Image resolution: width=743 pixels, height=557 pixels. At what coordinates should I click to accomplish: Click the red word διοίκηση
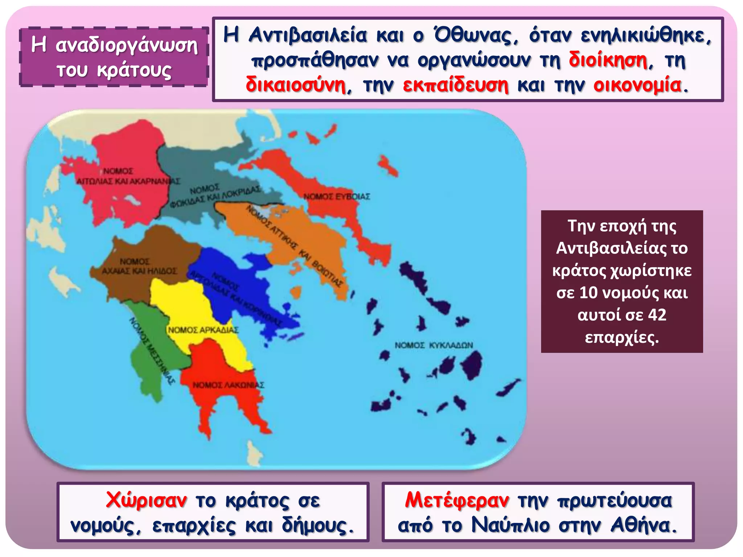click(x=608, y=60)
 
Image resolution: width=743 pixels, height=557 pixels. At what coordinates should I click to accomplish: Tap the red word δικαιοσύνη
click(x=296, y=86)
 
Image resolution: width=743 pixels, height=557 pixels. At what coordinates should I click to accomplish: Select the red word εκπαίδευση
click(x=456, y=86)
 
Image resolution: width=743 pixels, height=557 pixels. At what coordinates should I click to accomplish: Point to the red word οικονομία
click(x=637, y=86)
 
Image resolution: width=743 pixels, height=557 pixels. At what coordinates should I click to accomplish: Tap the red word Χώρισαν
click(x=147, y=500)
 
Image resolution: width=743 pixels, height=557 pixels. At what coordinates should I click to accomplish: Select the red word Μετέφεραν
click(x=457, y=500)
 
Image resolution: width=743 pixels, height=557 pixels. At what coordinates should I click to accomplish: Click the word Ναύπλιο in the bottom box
click(x=510, y=525)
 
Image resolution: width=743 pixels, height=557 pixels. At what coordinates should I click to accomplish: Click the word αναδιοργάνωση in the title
click(x=127, y=46)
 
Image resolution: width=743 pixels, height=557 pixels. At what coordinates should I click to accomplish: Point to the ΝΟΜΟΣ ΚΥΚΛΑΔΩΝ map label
click(x=434, y=345)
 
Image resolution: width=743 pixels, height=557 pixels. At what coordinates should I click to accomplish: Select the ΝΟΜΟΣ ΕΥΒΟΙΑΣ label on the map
click(x=337, y=197)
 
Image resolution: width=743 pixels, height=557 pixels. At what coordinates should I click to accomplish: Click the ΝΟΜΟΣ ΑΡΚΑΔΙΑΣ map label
click(x=203, y=330)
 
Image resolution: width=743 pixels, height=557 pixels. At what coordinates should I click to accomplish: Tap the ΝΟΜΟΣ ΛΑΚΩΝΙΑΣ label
click(x=228, y=385)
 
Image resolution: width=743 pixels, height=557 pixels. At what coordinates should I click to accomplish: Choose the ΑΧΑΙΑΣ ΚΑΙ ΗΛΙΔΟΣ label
click(x=139, y=271)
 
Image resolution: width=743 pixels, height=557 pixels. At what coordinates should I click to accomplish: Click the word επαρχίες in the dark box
click(x=622, y=338)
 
